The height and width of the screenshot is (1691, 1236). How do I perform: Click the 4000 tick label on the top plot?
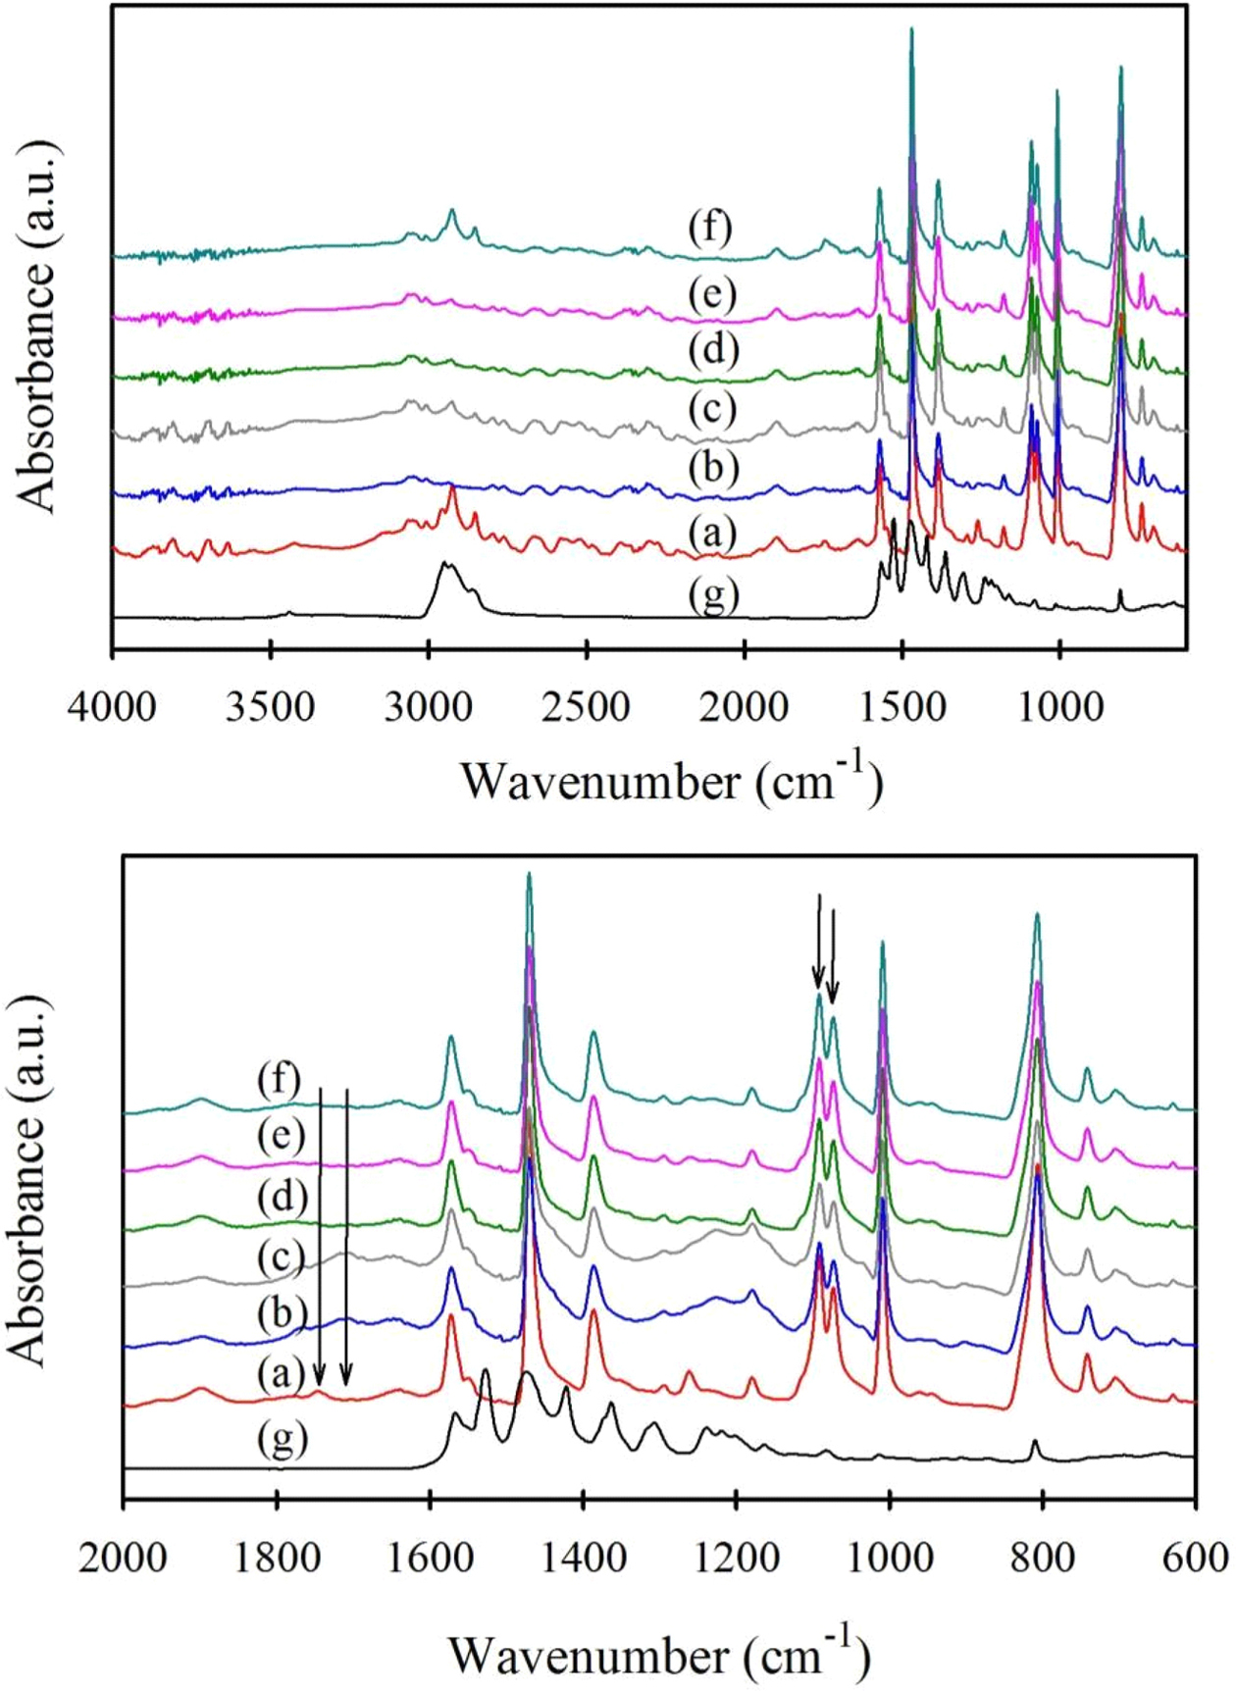[x=112, y=706]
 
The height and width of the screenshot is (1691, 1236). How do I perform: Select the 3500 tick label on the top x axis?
[x=270, y=706]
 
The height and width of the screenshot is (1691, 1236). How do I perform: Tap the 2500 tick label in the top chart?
[x=586, y=706]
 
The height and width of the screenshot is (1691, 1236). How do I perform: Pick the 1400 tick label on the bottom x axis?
[x=584, y=1559]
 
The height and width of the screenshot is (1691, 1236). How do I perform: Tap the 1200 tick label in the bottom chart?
[x=737, y=1559]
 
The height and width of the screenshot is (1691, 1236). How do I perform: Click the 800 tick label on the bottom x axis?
[x=1042, y=1559]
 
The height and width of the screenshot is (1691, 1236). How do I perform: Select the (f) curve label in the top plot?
[x=710, y=228]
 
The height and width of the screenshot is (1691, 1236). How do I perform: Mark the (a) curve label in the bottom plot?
[x=282, y=1375]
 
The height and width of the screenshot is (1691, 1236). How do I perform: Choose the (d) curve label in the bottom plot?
[x=282, y=1197]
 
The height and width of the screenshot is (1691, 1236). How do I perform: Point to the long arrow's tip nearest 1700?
[x=346, y=1384]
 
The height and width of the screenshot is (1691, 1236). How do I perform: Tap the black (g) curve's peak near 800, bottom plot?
[x=1034, y=1442]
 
